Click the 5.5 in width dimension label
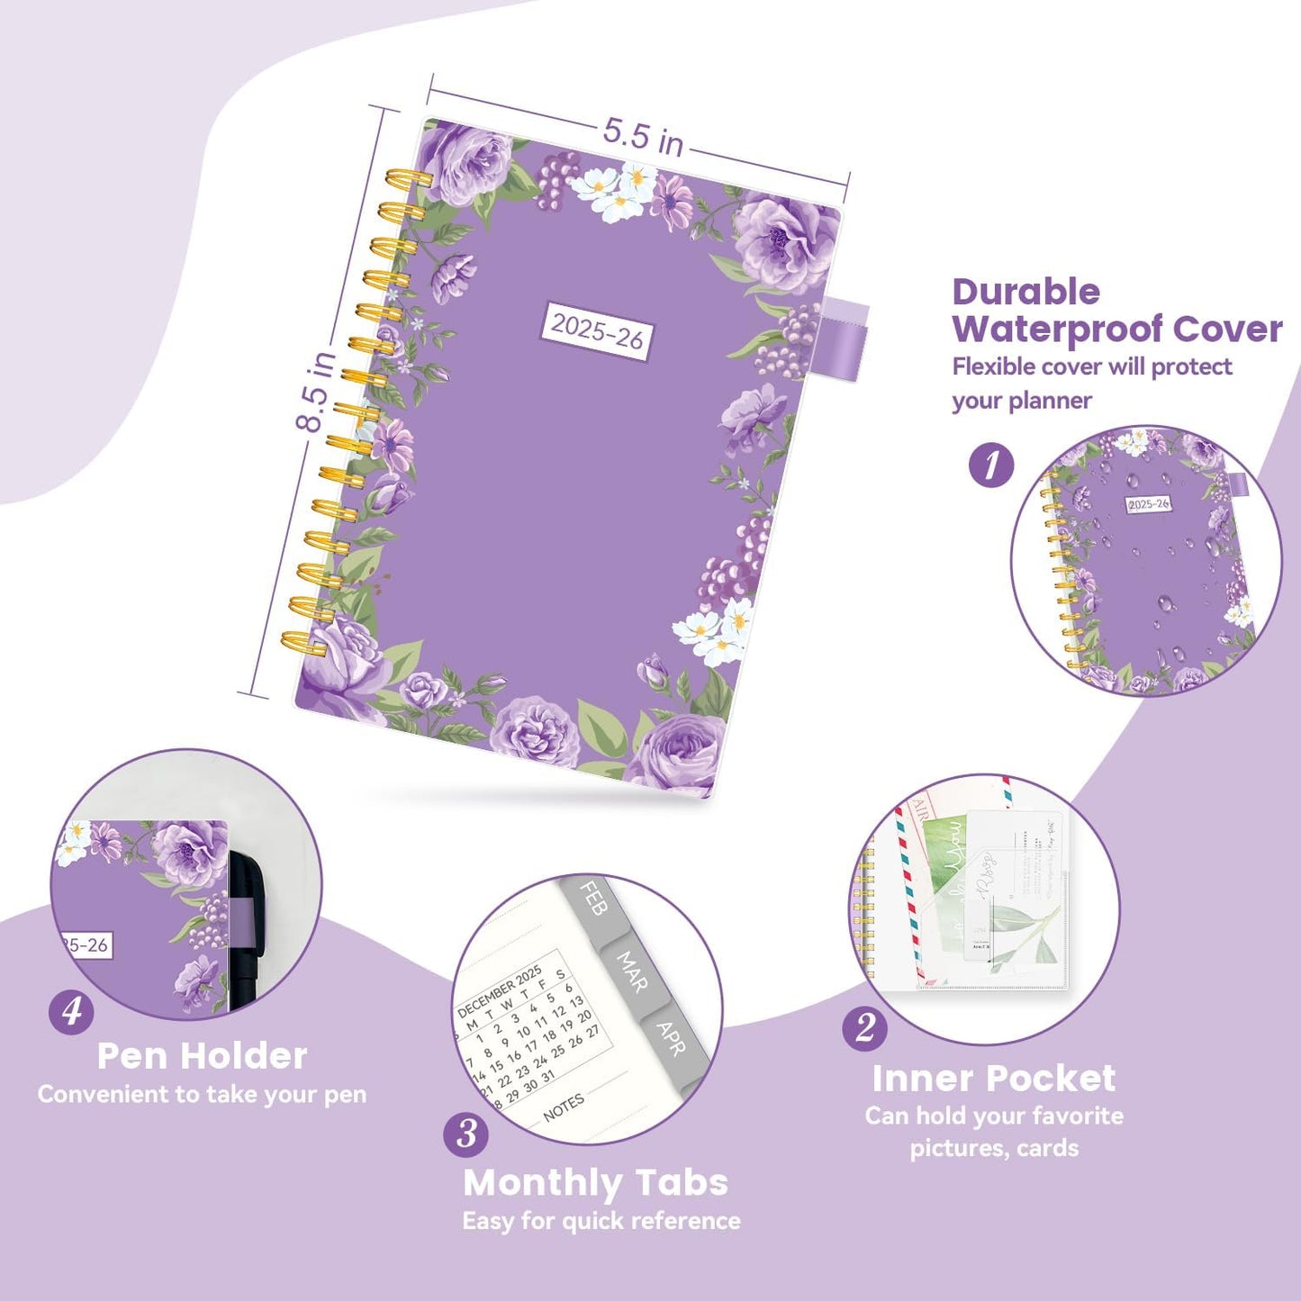pos(643,136)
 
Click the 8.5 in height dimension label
pos(317,391)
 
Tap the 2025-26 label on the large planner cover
pos(597,331)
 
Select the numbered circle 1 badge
pos(991,465)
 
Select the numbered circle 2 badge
pos(865,1027)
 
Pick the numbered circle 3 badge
pos(466,1134)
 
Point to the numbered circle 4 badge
pos(71,1012)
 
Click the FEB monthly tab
pos(592,899)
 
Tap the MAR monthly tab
pos(631,971)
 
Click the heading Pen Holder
pos(203,1056)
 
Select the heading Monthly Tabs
pos(595,1182)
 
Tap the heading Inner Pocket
pos(994,1078)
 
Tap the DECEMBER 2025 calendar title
pos(499,990)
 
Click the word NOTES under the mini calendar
pos(564,1107)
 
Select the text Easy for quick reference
pos(601,1221)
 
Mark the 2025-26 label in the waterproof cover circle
pos(1148,504)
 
